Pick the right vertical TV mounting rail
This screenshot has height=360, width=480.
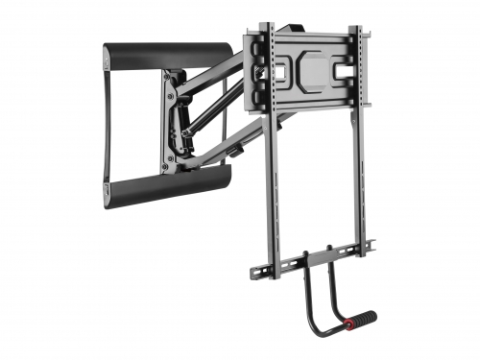[x=357, y=144]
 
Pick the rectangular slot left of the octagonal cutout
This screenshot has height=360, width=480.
[x=285, y=73]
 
